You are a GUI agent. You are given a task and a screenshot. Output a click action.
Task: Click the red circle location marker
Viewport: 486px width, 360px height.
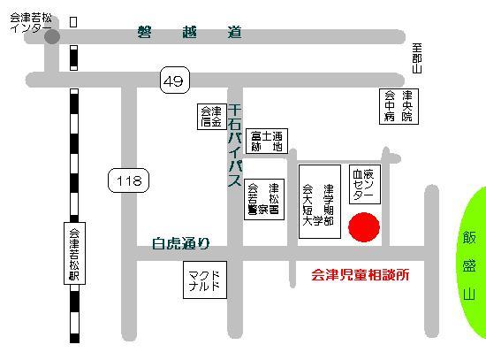tap(363, 226)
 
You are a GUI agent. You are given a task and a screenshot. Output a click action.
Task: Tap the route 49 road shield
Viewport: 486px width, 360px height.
tap(174, 81)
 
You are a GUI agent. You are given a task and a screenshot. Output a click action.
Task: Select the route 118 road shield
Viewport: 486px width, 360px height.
tap(125, 181)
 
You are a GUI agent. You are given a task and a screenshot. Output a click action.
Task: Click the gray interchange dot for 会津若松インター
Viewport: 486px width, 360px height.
tap(52, 36)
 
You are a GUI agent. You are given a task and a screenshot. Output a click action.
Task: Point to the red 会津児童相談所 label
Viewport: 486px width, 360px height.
tap(361, 275)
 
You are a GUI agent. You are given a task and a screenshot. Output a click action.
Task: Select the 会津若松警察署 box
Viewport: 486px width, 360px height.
tap(262, 202)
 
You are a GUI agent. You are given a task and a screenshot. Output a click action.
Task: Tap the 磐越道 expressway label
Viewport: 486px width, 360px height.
tap(188, 34)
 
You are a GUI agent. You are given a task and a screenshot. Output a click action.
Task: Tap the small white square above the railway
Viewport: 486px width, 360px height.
tap(72, 20)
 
